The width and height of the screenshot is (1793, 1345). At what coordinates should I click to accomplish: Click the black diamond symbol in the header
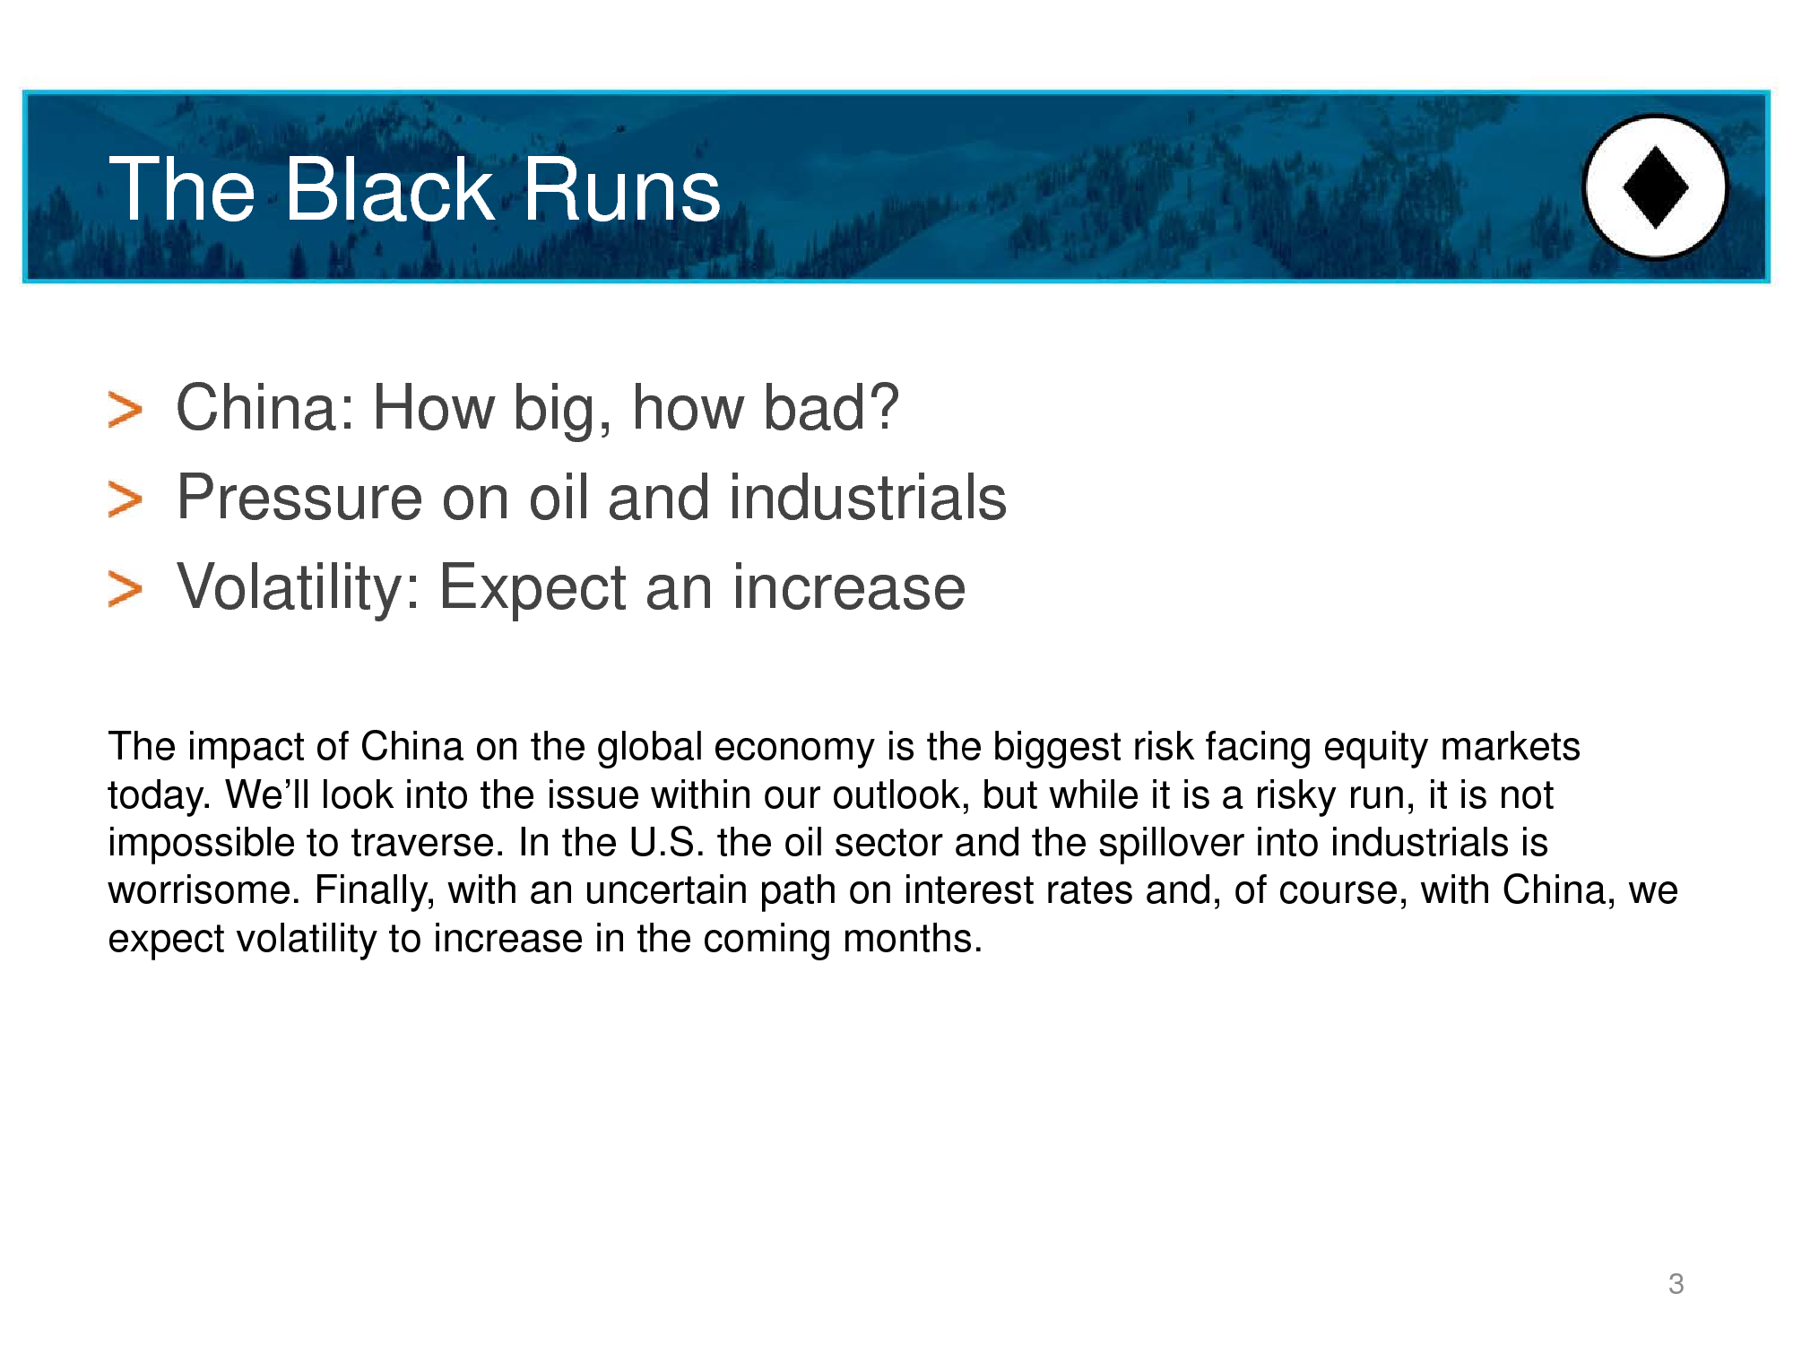click(x=1656, y=187)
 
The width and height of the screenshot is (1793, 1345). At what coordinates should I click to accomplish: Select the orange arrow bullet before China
click(x=125, y=410)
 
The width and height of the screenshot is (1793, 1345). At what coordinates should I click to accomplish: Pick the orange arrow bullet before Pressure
click(x=125, y=499)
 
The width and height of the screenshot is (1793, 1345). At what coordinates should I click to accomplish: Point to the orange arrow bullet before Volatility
click(x=125, y=589)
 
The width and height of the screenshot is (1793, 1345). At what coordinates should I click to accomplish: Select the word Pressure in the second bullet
click(x=299, y=498)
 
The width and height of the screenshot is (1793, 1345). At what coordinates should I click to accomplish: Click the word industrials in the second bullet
click(x=868, y=498)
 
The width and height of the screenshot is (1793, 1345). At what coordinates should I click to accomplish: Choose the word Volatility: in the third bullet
click(x=299, y=589)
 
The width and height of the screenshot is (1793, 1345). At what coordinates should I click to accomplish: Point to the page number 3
click(x=1676, y=1284)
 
